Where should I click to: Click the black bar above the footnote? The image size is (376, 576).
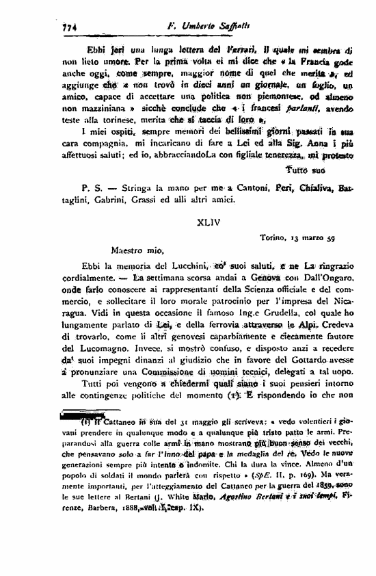[x=77, y=415]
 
